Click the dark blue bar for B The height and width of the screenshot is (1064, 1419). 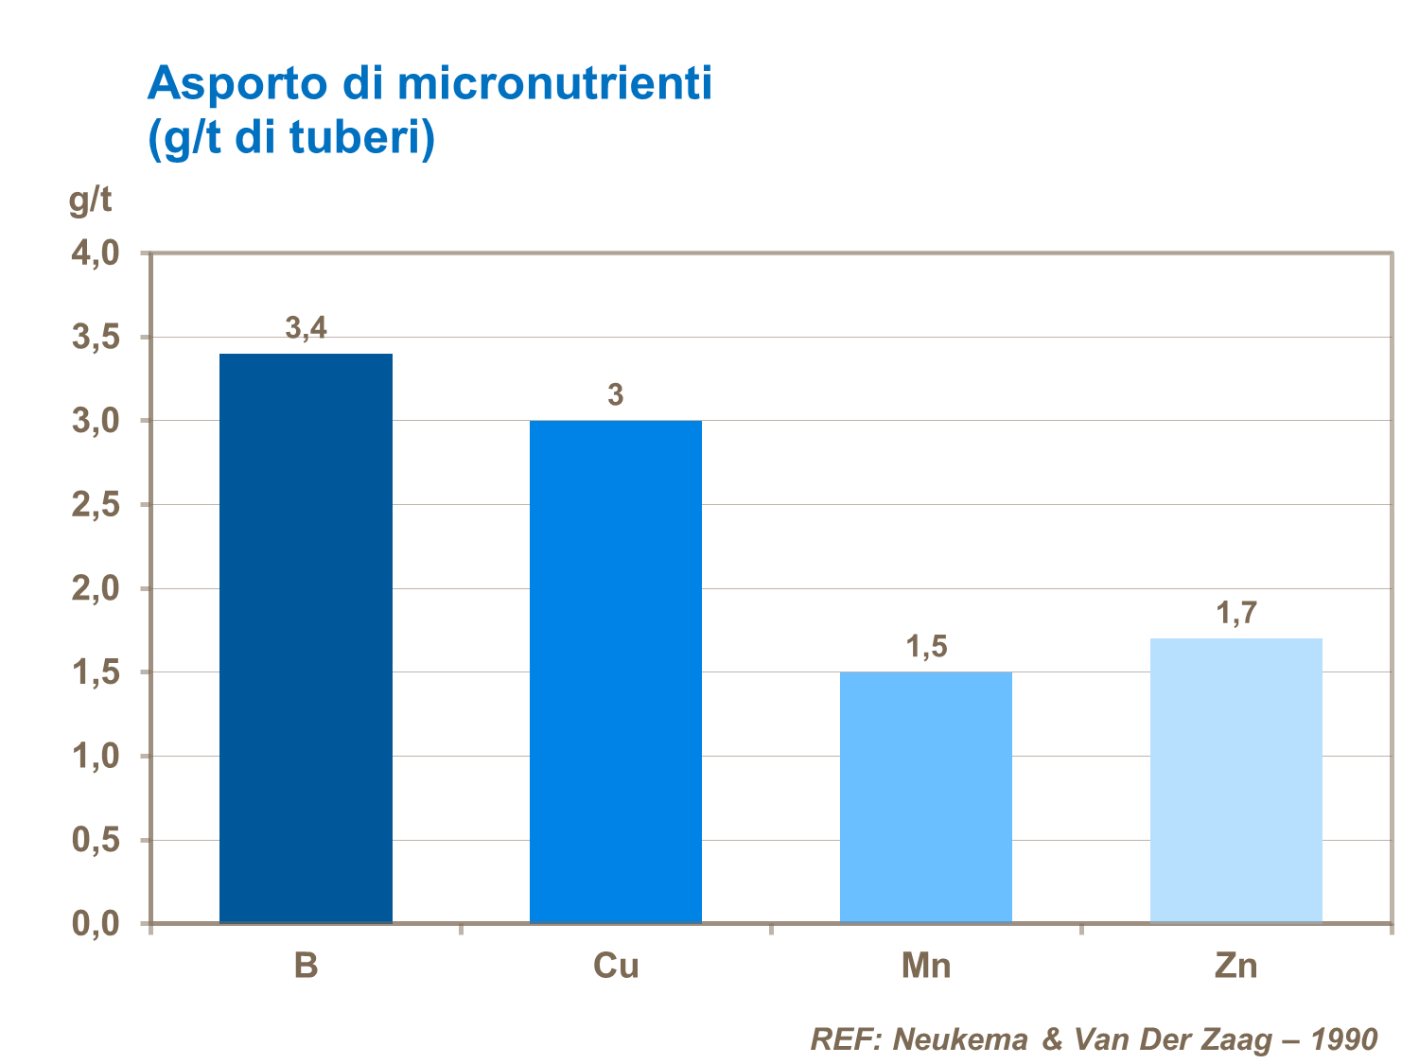click(x=306, y=638)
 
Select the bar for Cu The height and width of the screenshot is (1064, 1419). click(x=616, y=672)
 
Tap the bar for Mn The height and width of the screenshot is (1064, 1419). click(x=926, y=797)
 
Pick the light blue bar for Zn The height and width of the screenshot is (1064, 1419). click(x=1236, y=780)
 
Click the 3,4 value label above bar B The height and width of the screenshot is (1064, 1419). click(x=306, y=328)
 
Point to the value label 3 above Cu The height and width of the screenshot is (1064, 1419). click(x=616, y=394)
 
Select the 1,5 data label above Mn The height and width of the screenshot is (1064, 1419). click(x=926, y=647)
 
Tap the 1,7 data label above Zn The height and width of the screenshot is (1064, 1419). click(x=1236, y=613)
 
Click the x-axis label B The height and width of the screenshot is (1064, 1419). click(x=306, y=966)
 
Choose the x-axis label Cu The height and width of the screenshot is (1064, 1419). click(x=616, y=966)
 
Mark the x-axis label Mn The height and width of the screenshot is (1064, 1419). click(x=926, y=966)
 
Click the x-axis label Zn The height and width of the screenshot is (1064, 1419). click(x=1236, y=966)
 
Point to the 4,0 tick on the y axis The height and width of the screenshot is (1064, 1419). click(x=96, y=253)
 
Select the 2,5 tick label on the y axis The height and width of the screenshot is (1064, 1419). click(x=96, y=505)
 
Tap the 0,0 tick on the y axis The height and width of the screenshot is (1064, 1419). click(x=96, y=923)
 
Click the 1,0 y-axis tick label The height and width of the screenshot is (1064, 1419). click(x=96, y=756)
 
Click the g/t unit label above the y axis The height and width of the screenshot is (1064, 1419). click(x=90, y=201)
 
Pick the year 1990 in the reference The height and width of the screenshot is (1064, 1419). click(x=1343, y=1039)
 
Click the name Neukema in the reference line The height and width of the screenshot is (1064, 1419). click(x=960, y=1039)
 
